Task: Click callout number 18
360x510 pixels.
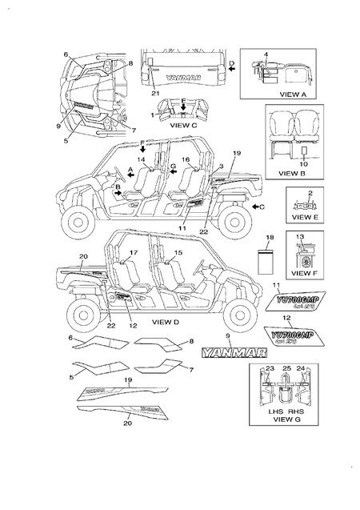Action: pyautogui.click(x=270, y=239)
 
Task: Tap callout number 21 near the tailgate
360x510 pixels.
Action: pyautogui.click(x=154, y=94)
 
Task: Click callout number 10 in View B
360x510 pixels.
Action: pyautogui.click(x=303, y=163)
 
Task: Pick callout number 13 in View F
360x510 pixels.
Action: pyautogui.click(x=300, y=238)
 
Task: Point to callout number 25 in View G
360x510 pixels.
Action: pyautogui.click(x=286, y=368)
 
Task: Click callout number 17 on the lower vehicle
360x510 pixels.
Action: pyautogui.click(x=134, y=254)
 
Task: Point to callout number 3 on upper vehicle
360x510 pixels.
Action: pyautogui.click(x=221, y=165)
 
